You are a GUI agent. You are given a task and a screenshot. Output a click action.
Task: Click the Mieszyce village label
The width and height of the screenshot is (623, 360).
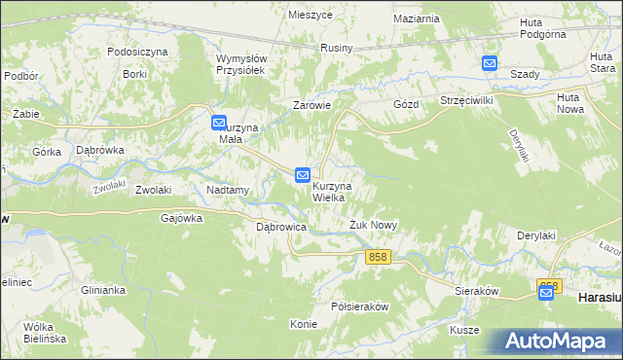[x=311, y=16]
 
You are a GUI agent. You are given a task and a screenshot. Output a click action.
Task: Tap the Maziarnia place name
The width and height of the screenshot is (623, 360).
[x=418, y=18]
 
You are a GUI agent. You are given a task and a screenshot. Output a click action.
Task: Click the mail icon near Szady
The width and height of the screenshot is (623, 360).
[x=489, y=64]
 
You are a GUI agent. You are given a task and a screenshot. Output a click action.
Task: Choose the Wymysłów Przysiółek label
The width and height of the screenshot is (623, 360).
[x=240, y=64]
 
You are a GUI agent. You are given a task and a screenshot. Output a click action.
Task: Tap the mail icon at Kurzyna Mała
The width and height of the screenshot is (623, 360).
[x=219, y=123]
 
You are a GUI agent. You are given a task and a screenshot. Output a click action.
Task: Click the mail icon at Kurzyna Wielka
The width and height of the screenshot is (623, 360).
[x=303, y=175]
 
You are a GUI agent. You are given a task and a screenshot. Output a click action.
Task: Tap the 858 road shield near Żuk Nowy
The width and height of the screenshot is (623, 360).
[x=379, y=257]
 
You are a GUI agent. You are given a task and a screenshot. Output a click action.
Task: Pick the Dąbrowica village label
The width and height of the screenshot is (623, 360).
[x=281, y=227]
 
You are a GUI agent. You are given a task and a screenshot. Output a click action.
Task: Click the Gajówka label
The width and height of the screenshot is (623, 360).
[x=181, y=218]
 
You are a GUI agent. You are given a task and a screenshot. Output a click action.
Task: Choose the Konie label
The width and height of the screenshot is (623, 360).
[x=304, y=324]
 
